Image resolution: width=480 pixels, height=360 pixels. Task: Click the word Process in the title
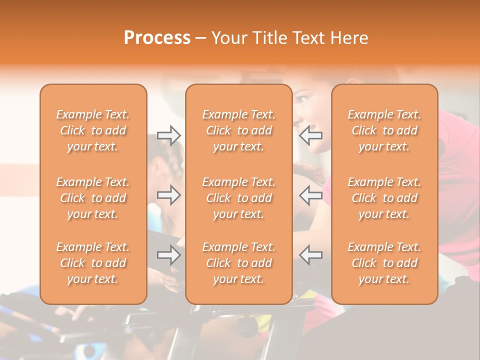(157, 38)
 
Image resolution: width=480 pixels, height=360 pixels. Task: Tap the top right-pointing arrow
(169, 135)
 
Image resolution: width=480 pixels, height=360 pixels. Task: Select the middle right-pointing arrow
(169, 195)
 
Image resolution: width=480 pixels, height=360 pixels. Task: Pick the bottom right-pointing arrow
(169, 255)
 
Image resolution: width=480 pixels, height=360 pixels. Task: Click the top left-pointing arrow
(311, 135)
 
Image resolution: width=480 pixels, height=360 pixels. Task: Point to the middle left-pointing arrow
(311, 195)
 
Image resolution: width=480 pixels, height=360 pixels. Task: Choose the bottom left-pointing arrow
(311, 255)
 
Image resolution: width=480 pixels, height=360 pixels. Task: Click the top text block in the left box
(93, 130)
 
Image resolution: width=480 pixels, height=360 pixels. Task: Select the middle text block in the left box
(93, 198)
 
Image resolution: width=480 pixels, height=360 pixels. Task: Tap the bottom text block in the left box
(93, 263)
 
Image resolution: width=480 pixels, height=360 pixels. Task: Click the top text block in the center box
(238, 130)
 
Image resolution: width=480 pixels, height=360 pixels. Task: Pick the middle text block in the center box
(238, 198)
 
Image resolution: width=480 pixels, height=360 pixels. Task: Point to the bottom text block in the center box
(238, 263)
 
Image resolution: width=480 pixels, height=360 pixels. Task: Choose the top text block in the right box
(384, 130)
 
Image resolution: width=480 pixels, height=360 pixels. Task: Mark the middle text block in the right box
(384, 198)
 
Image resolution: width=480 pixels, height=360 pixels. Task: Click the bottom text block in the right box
(384, 263)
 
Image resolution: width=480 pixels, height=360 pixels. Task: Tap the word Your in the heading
(228, 38)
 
